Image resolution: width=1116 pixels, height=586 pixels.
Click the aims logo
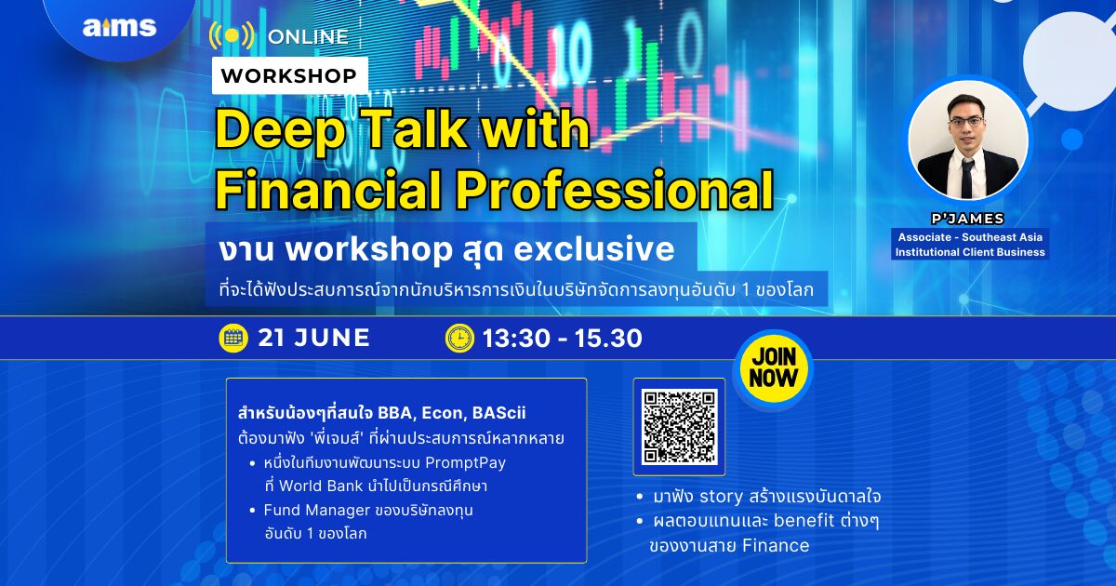[x=120, y=27]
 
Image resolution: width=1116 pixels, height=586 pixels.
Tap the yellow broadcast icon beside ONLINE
[x=232, y=35]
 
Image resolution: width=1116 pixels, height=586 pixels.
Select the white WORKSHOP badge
[x=289, y=75]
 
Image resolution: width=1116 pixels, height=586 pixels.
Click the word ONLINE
[x=308, y=36]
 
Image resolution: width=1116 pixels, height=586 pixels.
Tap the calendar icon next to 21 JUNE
[x=233, y=338]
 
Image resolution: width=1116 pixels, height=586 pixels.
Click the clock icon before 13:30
[x=459, y=338]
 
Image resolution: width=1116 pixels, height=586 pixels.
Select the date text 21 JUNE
[x=314, y=338]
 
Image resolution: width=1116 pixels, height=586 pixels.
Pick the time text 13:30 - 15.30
[x=563, y=339]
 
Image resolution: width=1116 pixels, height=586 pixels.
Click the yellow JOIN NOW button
[x=773, y=368]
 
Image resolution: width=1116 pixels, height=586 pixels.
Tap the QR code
[x=679, y=427]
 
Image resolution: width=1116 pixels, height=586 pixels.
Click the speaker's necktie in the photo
[x=967, y=178]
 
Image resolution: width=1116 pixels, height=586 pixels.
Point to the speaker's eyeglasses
[x=966, y=121]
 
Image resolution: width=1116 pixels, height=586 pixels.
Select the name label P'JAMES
[x=967, y=219]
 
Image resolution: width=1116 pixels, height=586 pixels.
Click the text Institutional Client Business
[x=970, y=252]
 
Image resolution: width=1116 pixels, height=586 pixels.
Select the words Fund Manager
[x=317, y=511]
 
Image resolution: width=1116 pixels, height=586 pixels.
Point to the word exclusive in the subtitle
[x=594, y=249]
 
